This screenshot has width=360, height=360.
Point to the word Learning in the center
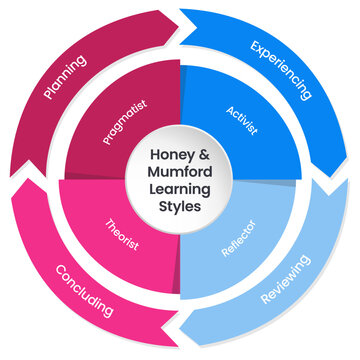181,189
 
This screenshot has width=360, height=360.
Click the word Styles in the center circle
181,206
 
